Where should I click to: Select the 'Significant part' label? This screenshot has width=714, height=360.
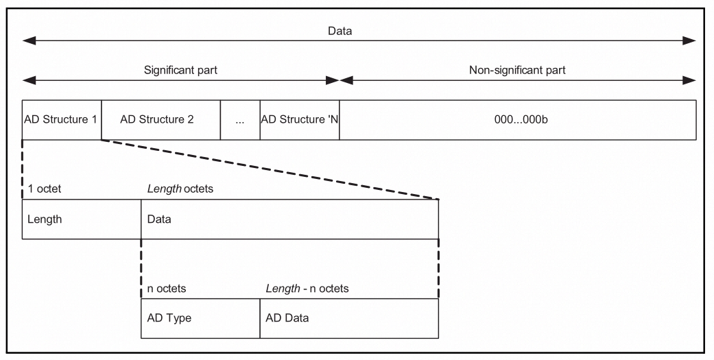(180, 70)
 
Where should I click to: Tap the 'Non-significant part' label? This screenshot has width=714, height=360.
(517, 70)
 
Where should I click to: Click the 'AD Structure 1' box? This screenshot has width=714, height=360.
(62, 120)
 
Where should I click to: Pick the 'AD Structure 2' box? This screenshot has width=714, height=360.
(160, 120)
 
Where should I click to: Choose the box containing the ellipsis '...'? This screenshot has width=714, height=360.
(240, 120)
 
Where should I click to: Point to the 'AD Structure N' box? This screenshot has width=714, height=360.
(300, 120)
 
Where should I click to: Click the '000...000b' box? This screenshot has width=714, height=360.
(517, 120)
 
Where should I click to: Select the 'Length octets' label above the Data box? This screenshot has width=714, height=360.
(180, 189)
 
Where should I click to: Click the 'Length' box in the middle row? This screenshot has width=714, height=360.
(81, 219)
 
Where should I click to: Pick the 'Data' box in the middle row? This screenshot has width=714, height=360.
(289, 219)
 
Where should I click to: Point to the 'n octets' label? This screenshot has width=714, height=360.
(167, 289)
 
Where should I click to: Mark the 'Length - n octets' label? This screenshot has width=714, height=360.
(307, 289)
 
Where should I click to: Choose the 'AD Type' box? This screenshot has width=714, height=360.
(200, 318)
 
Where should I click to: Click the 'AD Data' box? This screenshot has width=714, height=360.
(348, 318)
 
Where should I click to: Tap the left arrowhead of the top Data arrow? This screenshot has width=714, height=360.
(27, 41)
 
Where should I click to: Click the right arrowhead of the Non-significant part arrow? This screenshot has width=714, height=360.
(691, 80)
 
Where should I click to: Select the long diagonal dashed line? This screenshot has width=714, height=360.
(270, 169)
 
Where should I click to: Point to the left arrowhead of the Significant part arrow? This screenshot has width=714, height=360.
(27, 80)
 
